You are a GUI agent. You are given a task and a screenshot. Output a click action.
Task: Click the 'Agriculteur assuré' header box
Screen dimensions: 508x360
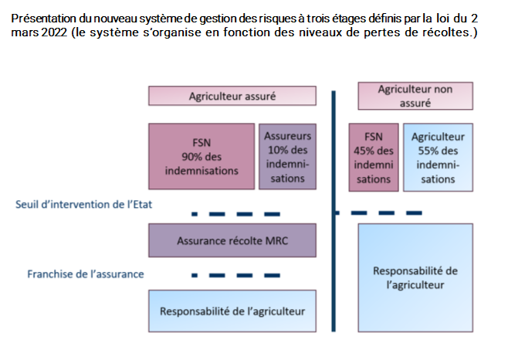point(232,96)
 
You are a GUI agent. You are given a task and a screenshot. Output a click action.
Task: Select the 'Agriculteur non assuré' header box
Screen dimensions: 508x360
point(415,96)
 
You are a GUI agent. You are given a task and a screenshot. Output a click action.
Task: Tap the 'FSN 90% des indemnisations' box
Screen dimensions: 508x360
point(202,156)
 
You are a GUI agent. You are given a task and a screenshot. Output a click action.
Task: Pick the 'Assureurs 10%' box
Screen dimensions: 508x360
point(288,156)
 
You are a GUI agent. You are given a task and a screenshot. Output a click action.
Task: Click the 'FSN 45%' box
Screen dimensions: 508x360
point(374,158)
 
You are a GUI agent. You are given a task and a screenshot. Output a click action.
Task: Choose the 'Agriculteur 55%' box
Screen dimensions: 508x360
point(438,158)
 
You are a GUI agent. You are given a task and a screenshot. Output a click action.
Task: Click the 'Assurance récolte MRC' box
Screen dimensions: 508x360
point(232,240)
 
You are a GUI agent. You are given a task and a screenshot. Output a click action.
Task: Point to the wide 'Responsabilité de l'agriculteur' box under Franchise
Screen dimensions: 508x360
point(232,311)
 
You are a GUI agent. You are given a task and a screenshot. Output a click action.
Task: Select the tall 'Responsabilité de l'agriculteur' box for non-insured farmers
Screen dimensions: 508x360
point(415,277)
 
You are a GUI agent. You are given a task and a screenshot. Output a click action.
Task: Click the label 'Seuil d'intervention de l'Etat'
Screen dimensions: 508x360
point(83,204)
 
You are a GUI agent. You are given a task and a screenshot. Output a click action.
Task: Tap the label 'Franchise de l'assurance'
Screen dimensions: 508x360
point(86,274)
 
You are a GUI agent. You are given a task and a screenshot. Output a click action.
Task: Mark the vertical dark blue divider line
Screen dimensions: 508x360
point(334,211)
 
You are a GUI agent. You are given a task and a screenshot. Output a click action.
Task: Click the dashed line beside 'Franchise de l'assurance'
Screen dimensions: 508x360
point(236,275)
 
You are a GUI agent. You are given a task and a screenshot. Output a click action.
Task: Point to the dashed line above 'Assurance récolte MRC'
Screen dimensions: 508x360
point(236,214)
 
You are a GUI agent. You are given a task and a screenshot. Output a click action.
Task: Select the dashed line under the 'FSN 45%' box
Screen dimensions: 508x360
point(378,212)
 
